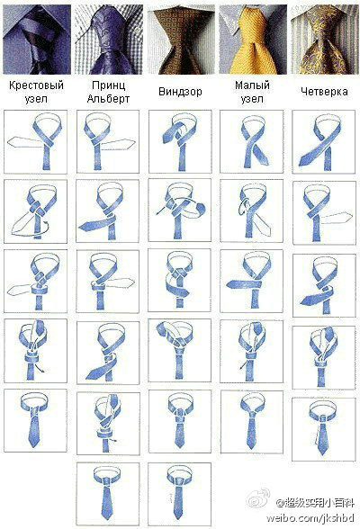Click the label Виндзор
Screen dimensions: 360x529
point(180,92)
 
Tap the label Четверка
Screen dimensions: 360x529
point(324,92)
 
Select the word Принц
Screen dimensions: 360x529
point(108,85)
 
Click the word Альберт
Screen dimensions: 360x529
point(108,99)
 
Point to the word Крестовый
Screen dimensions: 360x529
point(36,85)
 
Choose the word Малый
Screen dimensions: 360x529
point(252,85)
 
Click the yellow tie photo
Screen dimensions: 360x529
point(253,40)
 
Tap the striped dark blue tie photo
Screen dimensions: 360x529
point(37,40)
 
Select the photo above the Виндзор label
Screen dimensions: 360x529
point(181,40)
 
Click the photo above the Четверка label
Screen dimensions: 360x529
point(324,40)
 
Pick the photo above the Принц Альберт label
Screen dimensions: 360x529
point(109,40)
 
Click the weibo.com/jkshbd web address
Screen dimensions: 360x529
point(310,518)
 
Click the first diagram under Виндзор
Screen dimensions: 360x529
point(180,142)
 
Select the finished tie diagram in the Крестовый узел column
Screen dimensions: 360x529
point(35,420)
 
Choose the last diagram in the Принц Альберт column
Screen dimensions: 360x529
point(108,494)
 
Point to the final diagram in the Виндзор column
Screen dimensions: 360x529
point(179,494)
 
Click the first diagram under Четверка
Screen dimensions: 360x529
point(324,142)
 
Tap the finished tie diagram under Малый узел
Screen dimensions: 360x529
point(252,422)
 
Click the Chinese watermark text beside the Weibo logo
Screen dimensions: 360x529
point(315,503)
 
